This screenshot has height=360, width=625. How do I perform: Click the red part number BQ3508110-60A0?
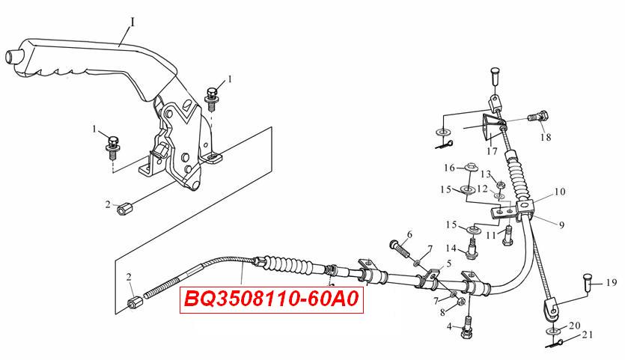tap(272, 299)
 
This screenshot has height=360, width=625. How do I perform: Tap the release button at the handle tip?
tap(13, 57)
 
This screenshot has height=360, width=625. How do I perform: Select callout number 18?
tap(546, 137)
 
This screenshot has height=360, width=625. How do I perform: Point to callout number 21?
tap(587, 334)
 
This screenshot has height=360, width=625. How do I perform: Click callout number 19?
tap(611, 283)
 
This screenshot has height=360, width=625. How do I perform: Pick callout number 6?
tap(409, 234)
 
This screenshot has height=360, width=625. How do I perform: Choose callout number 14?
tap(451, 248)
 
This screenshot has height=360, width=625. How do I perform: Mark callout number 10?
tap(560, 192)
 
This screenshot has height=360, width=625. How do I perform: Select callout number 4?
tap(449, 327)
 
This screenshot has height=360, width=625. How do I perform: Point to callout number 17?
tap(493, 151)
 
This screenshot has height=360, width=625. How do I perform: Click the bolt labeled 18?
tap(538, 117)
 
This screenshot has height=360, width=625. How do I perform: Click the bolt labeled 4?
tap(468, 326)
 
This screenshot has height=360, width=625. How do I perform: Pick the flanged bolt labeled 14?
tap(473, 248)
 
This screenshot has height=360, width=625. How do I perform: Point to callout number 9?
tap(561, 225)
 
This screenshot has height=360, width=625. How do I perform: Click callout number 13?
tap(486, 174)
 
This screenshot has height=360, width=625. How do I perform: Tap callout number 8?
tap(443, 313)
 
